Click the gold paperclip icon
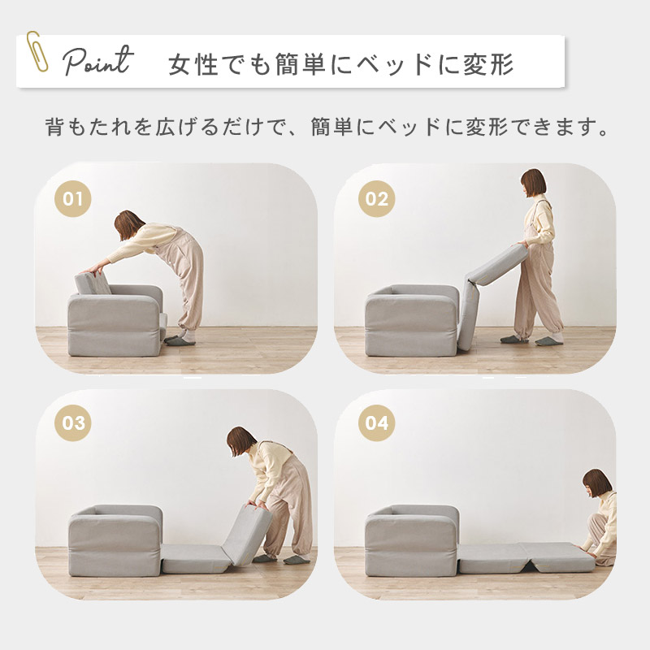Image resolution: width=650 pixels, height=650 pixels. point(37,52)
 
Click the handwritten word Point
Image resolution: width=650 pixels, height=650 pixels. point(98,62)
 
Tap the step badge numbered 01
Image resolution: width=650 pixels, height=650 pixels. point(73,199)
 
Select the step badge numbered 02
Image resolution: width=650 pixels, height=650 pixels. point(376,199)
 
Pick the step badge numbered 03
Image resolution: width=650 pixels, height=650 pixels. point(73,422)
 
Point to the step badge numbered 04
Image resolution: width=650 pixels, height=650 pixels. point(376,422)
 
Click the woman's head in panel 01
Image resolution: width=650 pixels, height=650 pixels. point(128,225)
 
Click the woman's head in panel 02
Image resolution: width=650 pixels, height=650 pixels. point(533,184)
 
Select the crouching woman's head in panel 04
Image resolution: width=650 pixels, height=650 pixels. point(596,483)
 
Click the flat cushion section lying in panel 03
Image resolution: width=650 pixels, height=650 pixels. point(195,558)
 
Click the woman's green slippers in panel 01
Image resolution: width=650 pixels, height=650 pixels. point(180,340)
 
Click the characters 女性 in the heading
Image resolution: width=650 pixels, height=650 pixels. point(193,64)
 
